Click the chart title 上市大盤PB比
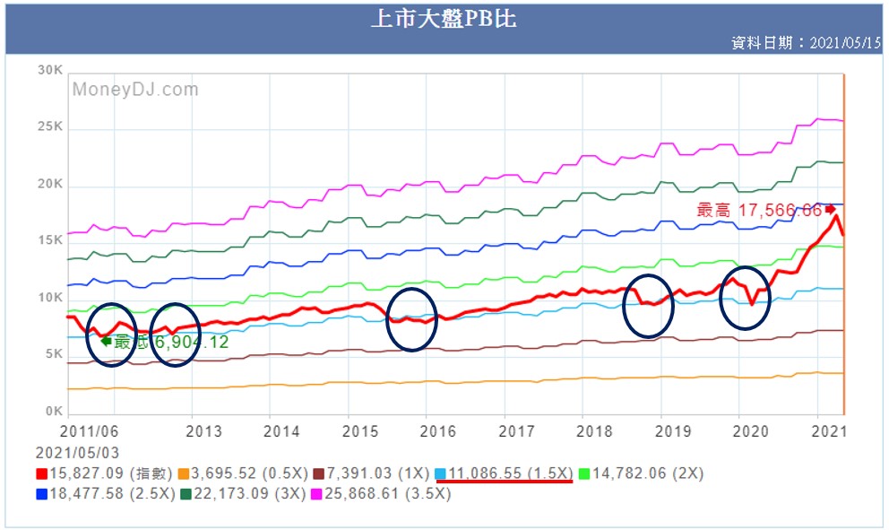pyautogui.click(x=444, y=19)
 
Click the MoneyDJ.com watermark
pyautogui.click(x=135, y=90)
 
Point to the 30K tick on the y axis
pyautogui.click(x=50, y=70)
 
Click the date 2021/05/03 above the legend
pyautogui.click(x=77, y=453)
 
